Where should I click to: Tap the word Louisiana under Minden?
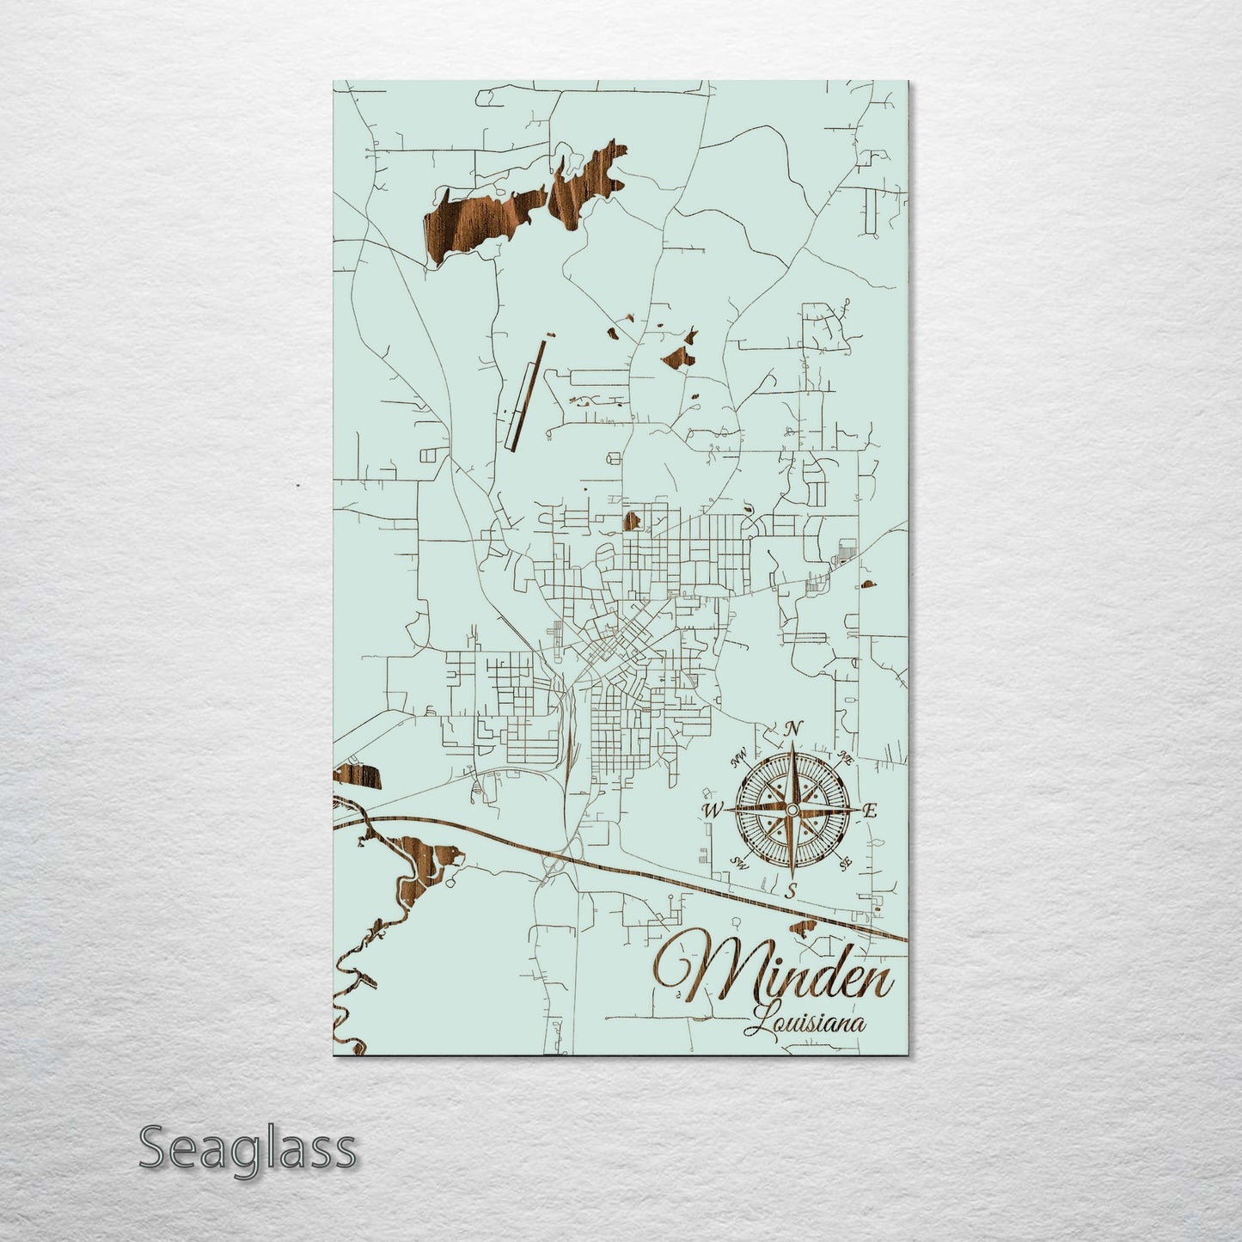[x=805, y=1023]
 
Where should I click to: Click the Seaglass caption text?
[x=247, y=1148]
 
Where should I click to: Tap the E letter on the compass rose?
[x=870, y=810]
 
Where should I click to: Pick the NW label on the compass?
[x=737, y=759]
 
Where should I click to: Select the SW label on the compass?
[x=737, y=861]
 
